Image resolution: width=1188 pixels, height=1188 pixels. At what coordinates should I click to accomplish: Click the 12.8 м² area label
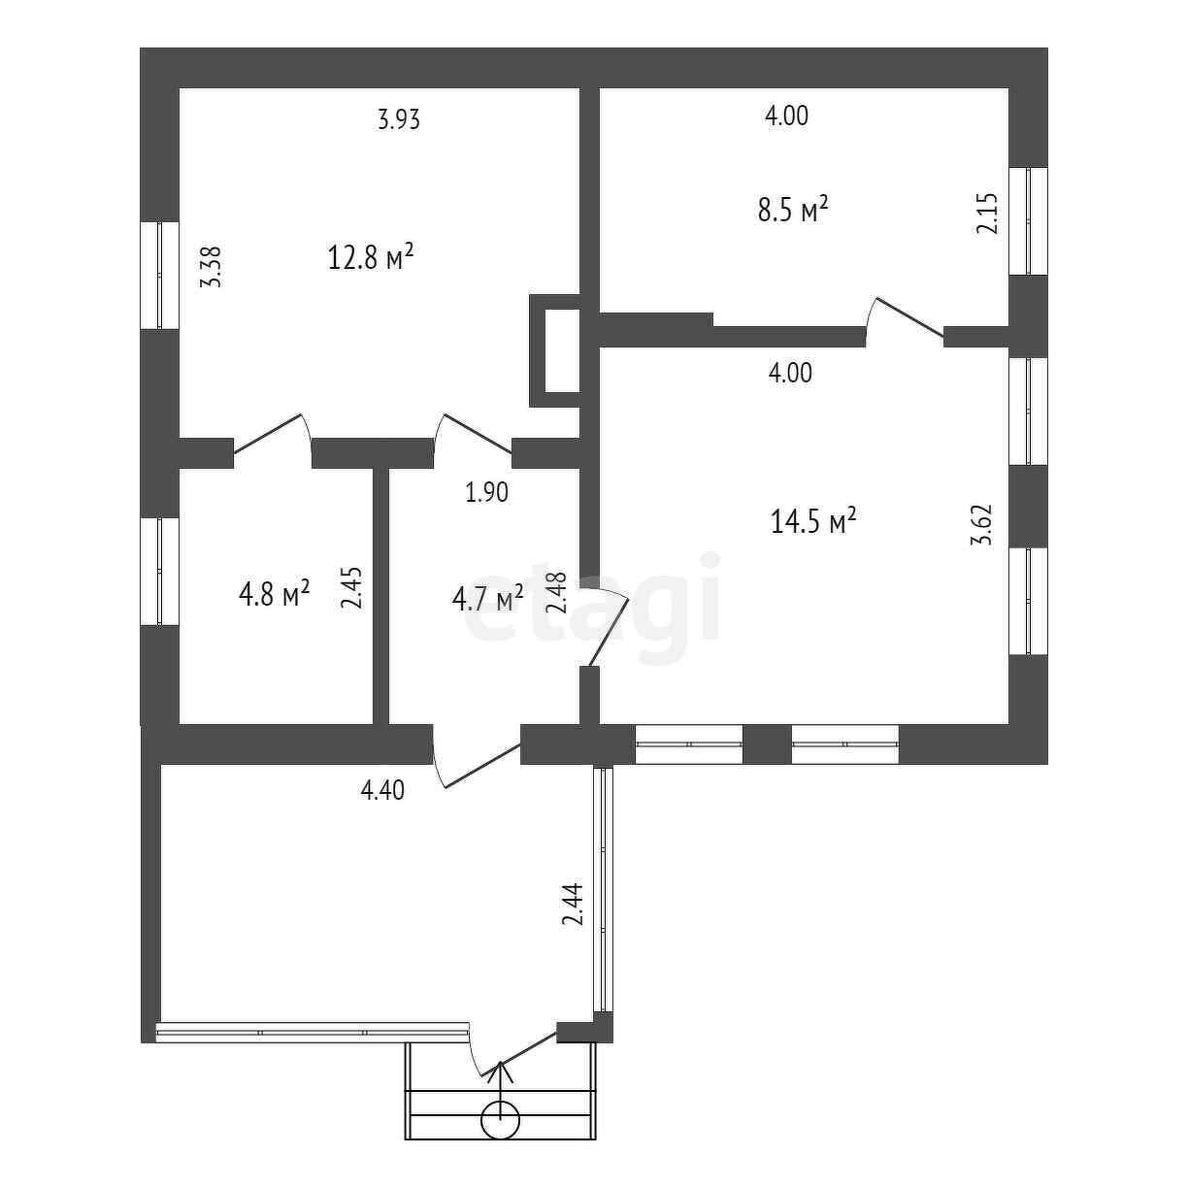(x=372, y=259)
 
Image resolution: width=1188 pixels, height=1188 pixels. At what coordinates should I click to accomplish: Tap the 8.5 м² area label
(x=792, y=210)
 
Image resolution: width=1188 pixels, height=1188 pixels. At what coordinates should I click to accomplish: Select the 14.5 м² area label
(x=813, y=522)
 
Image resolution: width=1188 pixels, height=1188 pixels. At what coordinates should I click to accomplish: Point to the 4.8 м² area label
(x=274, y=593)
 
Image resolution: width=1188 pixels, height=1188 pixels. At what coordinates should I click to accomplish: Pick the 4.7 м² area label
(x=487, y=598)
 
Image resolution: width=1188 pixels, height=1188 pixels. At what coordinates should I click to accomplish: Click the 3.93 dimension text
(x=399, y=120)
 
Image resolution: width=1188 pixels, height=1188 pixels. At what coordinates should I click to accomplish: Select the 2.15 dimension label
(x=987, y=214)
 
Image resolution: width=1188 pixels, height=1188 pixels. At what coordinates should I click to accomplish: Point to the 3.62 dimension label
(x=982, y=524)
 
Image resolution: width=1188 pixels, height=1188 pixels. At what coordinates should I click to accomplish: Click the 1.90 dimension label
(x=486, y=493)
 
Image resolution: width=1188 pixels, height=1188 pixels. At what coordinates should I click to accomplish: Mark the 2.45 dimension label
(x=351, y=587)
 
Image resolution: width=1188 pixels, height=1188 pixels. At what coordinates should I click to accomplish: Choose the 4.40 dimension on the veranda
(x=382, y=791)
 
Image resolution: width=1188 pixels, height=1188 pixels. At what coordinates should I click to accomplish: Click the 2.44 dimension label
(x=573, y=905)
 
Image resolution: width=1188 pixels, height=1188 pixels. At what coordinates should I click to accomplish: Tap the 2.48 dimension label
(x=555, y=593)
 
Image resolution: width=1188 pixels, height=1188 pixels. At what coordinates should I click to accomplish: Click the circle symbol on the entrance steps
(x=501, y=1119)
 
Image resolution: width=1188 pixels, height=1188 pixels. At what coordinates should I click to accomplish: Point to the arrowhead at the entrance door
(x=501, y=1071)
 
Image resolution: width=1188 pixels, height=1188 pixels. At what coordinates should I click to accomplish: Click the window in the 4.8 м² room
(x=160, y=571)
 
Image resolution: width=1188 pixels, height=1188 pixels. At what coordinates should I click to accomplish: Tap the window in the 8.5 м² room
(x=1028, y=221)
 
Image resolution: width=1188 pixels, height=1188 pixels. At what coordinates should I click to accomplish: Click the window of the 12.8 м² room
(x=160, y=275)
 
